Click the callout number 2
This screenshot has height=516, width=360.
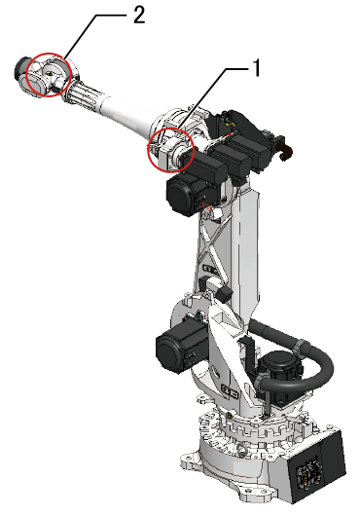coord(139,15)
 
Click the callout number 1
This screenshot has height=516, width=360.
coord(256,68)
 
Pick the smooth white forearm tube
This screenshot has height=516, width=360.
coord(129,114)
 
